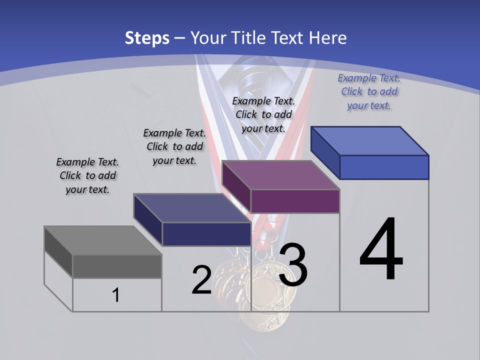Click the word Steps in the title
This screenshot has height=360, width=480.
147,38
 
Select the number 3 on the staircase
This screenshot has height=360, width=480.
293,265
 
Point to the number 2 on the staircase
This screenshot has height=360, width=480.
202,280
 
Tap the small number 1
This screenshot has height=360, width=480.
116,295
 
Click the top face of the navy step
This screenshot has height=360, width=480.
192,208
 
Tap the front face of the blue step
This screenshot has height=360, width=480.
384,167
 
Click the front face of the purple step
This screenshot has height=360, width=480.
295,201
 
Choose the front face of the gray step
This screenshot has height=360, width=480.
117,266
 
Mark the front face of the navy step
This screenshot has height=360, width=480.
206,234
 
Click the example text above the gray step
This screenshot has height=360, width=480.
87,175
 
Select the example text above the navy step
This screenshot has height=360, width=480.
174,146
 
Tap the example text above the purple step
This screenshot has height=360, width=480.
263,114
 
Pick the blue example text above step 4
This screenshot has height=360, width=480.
369,91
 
